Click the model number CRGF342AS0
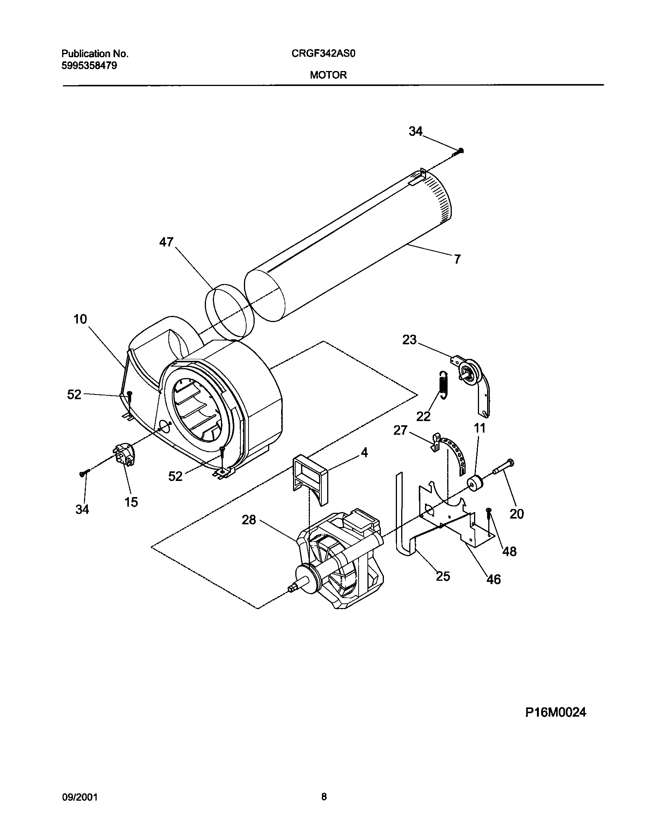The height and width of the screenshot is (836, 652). (x=323, y=54)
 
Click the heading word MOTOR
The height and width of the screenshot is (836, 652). (x=328, y=75)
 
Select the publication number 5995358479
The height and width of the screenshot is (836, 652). (x=89, y=66)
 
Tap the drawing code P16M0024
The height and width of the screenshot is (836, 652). (x=556, y=712)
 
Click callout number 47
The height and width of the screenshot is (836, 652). (x=166, y=242)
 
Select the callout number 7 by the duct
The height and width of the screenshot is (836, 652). (x=457, y=259)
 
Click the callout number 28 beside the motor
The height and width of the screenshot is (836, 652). (x=249, y=520)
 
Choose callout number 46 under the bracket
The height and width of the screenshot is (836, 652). (x=494, y=579)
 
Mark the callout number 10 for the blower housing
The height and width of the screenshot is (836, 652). (x=80, y=319)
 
